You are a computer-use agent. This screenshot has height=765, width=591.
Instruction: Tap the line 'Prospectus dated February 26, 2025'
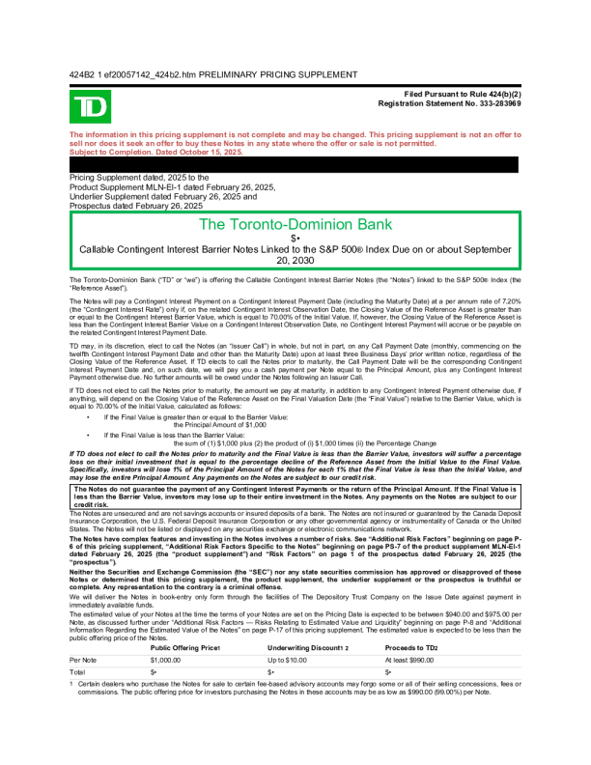coord(136,205)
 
